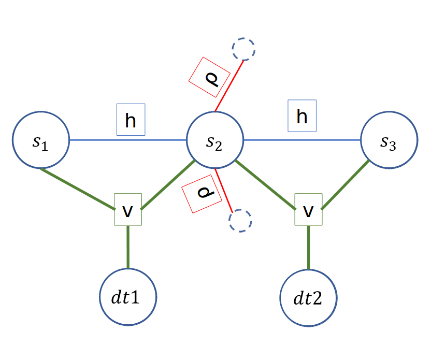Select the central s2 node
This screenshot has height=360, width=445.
click(214, 140)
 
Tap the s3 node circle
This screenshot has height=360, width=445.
click(389, 140)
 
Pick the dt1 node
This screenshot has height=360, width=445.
click(128, 297)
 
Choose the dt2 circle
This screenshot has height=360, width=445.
click(308, 298)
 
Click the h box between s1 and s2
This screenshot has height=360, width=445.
click(131, 120)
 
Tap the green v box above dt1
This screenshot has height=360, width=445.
click(128, 210)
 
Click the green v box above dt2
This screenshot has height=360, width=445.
click(308, 209)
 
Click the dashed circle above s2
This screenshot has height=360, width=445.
click(243, 50)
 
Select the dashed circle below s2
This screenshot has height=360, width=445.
click(240, 220)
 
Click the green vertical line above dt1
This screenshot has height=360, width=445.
click(128, 247)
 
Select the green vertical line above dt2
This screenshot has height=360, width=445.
click(308, 247)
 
